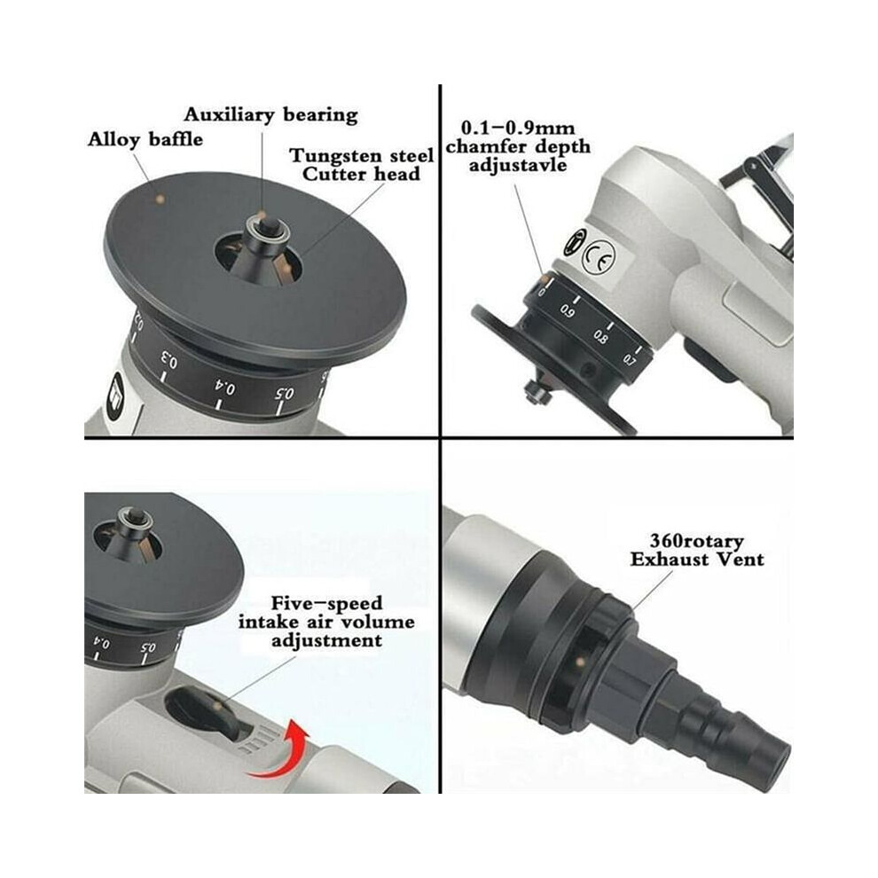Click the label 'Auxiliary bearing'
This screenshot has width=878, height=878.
coord(271,114)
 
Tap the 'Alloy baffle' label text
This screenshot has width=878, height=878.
coord(145,139)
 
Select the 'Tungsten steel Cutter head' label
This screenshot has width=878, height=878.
coord(361,165)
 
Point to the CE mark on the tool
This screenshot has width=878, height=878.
coord(598,257)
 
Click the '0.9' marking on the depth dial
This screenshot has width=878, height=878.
coord(567,310)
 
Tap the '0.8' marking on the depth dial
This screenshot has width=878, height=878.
coord(600,336)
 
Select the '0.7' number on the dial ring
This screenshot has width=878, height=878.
coord(630,359)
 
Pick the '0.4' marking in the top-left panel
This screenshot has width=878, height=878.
coord(225,387)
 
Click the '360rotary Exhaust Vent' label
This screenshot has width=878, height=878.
coord(697,550)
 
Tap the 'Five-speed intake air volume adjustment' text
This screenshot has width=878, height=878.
coord(326,622)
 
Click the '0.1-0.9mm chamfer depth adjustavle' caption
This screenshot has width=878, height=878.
coord(518,146)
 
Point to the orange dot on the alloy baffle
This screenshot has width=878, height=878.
coord(161,199)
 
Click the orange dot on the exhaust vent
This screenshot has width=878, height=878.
coord(581,662)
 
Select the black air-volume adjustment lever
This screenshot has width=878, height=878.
coord(208,710)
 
